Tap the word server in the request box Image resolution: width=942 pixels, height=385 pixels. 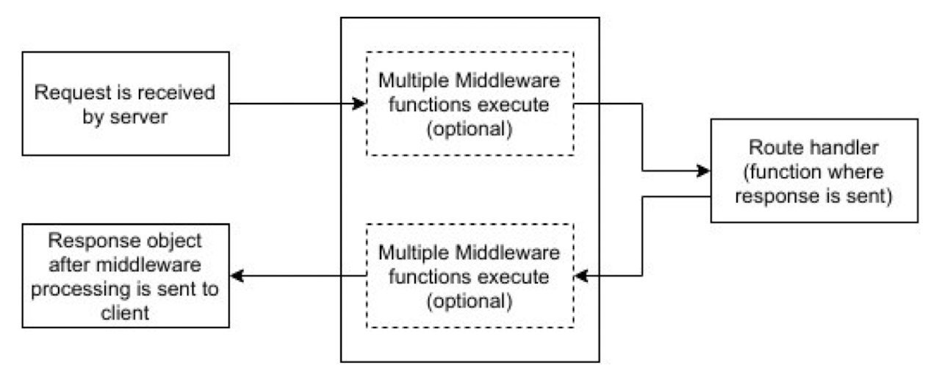click(138, 116)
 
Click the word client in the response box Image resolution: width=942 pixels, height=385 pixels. click(125, 313)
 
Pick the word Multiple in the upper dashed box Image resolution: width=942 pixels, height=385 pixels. click(414, 81)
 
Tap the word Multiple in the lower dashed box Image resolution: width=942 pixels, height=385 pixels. click(414, 253)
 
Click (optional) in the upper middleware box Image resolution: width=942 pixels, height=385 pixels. click(470, 129)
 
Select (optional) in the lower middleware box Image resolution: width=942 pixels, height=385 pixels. click(470, 301)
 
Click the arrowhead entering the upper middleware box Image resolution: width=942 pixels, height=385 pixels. click(359, 104)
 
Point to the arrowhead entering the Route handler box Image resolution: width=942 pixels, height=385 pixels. click(703, 170)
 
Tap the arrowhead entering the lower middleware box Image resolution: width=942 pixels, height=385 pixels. click(581, 276)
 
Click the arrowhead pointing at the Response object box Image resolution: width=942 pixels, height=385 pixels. click(237, 276)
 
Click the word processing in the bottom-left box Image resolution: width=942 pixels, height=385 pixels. click(79, 290)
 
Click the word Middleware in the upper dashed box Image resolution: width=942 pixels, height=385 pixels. click(508, 81)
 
